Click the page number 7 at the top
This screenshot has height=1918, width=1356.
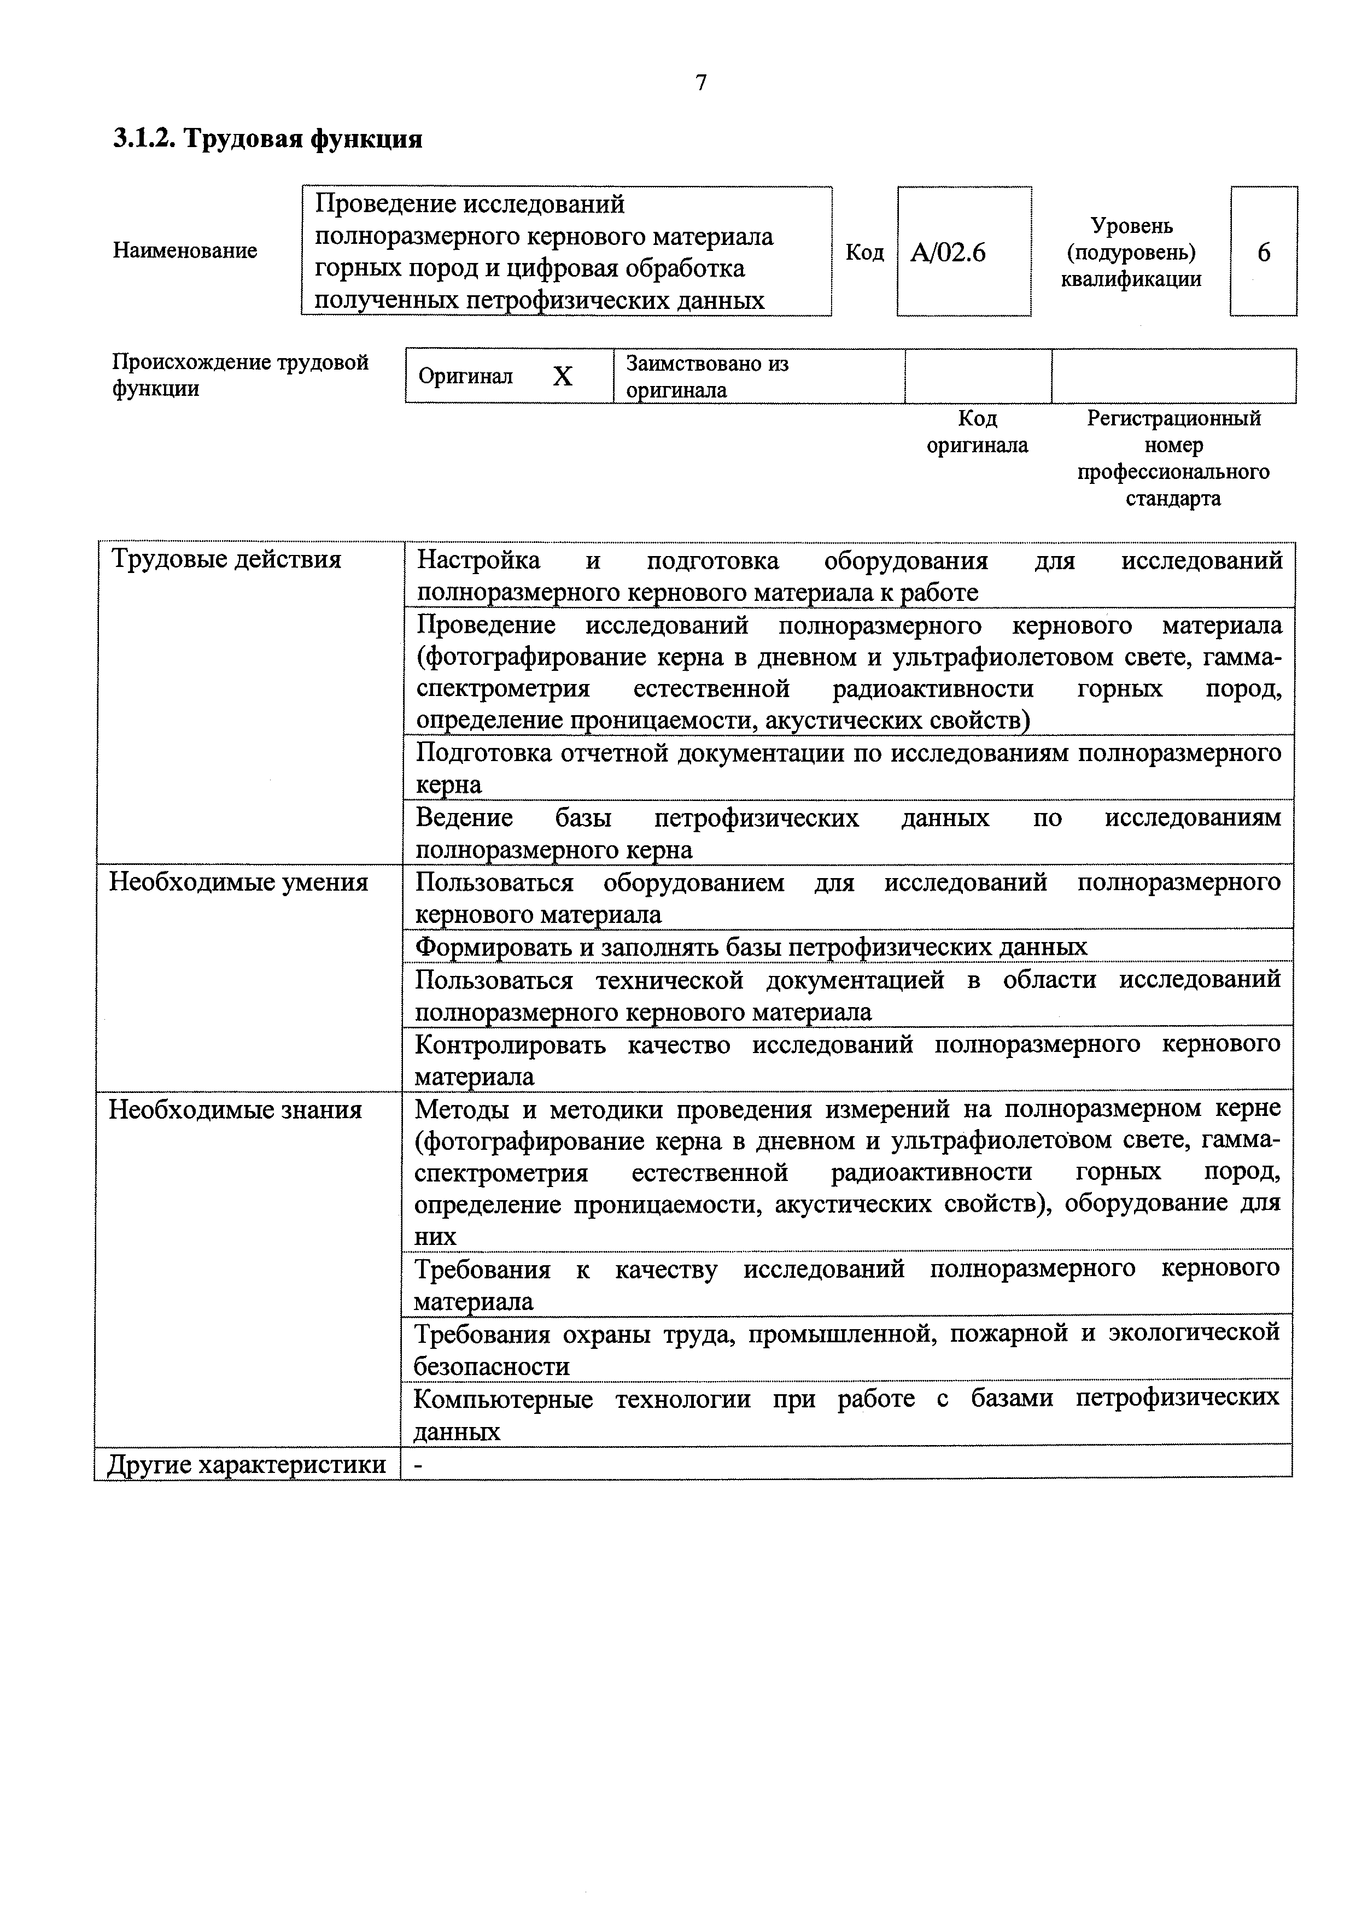(x=701, y=83)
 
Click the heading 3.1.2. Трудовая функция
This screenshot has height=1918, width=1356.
(x=267, y=138)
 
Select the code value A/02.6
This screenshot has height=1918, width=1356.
(x=948, y=252)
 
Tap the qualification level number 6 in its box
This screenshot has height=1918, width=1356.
(x=1263, y=252)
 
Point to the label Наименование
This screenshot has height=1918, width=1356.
(x=185, y=250)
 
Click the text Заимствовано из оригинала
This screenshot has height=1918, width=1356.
(x=707, y=376)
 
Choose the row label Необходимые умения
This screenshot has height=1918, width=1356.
(x=239, y=882)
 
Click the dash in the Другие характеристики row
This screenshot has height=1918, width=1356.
(x=419, y=1464)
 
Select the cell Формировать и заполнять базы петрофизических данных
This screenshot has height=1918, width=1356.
(x=751, y=946)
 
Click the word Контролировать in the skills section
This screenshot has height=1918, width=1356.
(x=510, y=1044)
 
